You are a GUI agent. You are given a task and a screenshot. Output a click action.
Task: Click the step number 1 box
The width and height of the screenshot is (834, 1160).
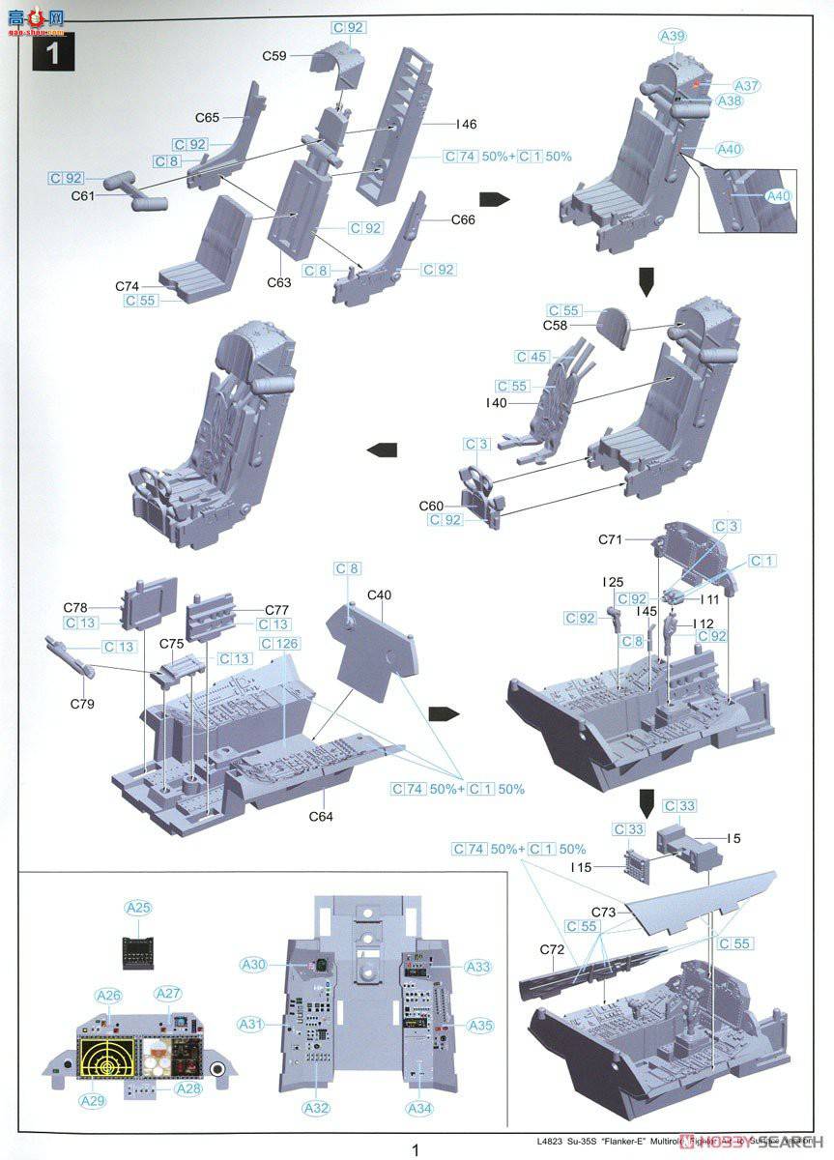[53, 52]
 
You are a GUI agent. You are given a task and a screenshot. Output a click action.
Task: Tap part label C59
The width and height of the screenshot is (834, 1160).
[274, 57]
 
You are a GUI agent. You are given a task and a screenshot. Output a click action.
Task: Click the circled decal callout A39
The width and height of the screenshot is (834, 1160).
[673, 37]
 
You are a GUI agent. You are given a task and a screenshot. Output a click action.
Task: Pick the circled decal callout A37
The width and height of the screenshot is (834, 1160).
[747, 86]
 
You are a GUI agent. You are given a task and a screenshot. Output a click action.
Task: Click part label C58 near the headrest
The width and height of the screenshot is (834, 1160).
[555, 326]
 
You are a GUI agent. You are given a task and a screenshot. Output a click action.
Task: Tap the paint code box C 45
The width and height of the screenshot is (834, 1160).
[532, 357]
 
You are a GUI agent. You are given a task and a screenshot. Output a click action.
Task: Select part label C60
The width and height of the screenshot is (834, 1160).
[431, 506]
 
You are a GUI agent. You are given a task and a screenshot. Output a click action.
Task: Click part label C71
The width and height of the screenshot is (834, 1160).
[611, 538]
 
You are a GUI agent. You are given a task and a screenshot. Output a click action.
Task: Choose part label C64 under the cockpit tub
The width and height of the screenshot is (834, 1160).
[322, 816]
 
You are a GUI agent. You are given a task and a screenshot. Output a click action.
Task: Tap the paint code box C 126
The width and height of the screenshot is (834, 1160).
[279, 644]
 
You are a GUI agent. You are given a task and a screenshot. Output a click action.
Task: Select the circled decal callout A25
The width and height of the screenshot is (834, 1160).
[139, 908]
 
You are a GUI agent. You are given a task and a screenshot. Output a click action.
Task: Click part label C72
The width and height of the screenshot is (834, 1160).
[553, 951]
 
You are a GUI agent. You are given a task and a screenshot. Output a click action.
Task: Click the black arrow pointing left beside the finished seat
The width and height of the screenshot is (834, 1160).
[383, 449]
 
